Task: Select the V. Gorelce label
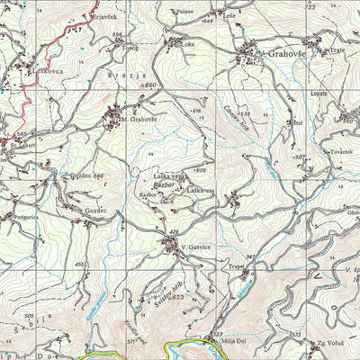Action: click(x=194, y=246)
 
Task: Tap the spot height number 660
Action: click(x=150, y=85)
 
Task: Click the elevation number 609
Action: click(x=200, y=170)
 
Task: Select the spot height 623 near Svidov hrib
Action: click(x=176, y=296)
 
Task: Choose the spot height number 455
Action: click(x=81, y=265)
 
